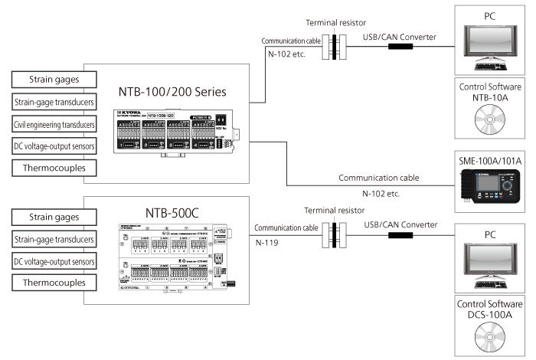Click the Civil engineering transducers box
click(x=54, y=124)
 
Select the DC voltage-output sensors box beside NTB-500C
click(x=54, y=261)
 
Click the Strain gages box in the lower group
click(x=54, y=218)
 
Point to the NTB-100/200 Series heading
click(x=173, y=93)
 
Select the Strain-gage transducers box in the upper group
click(x=54, y=102)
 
